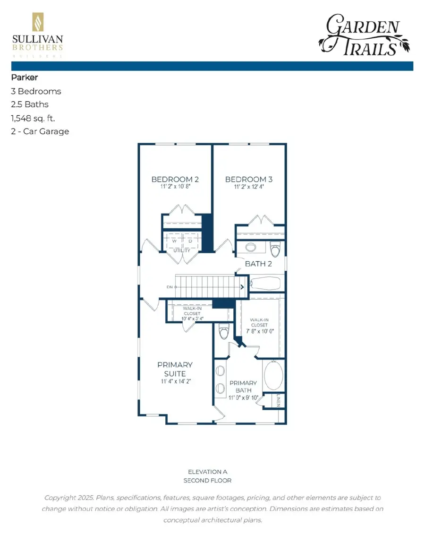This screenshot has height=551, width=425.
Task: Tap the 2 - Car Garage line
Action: [x=40, y=131]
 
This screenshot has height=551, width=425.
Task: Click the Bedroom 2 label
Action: [x=175, y=179]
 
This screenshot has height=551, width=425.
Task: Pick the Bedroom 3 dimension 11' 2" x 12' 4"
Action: [x=249, y=187]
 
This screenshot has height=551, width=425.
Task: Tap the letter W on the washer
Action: [x=174, y=241]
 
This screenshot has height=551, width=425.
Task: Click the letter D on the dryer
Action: [x=190, y=241]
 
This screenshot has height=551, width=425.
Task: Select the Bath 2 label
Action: [x=258, y=264]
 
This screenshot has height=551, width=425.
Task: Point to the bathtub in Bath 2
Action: [x=265, y=284]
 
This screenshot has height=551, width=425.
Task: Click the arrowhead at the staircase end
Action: [x=242, y=286]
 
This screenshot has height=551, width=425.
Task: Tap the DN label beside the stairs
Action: [x=170, y=287]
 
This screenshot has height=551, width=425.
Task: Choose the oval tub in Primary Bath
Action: [x=273, y=376]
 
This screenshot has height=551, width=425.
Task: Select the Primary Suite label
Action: [x=175, y=369]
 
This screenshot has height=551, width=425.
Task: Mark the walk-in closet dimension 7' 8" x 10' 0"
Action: [x=259, y=331]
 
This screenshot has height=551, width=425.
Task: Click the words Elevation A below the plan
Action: [x=204, y=472]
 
